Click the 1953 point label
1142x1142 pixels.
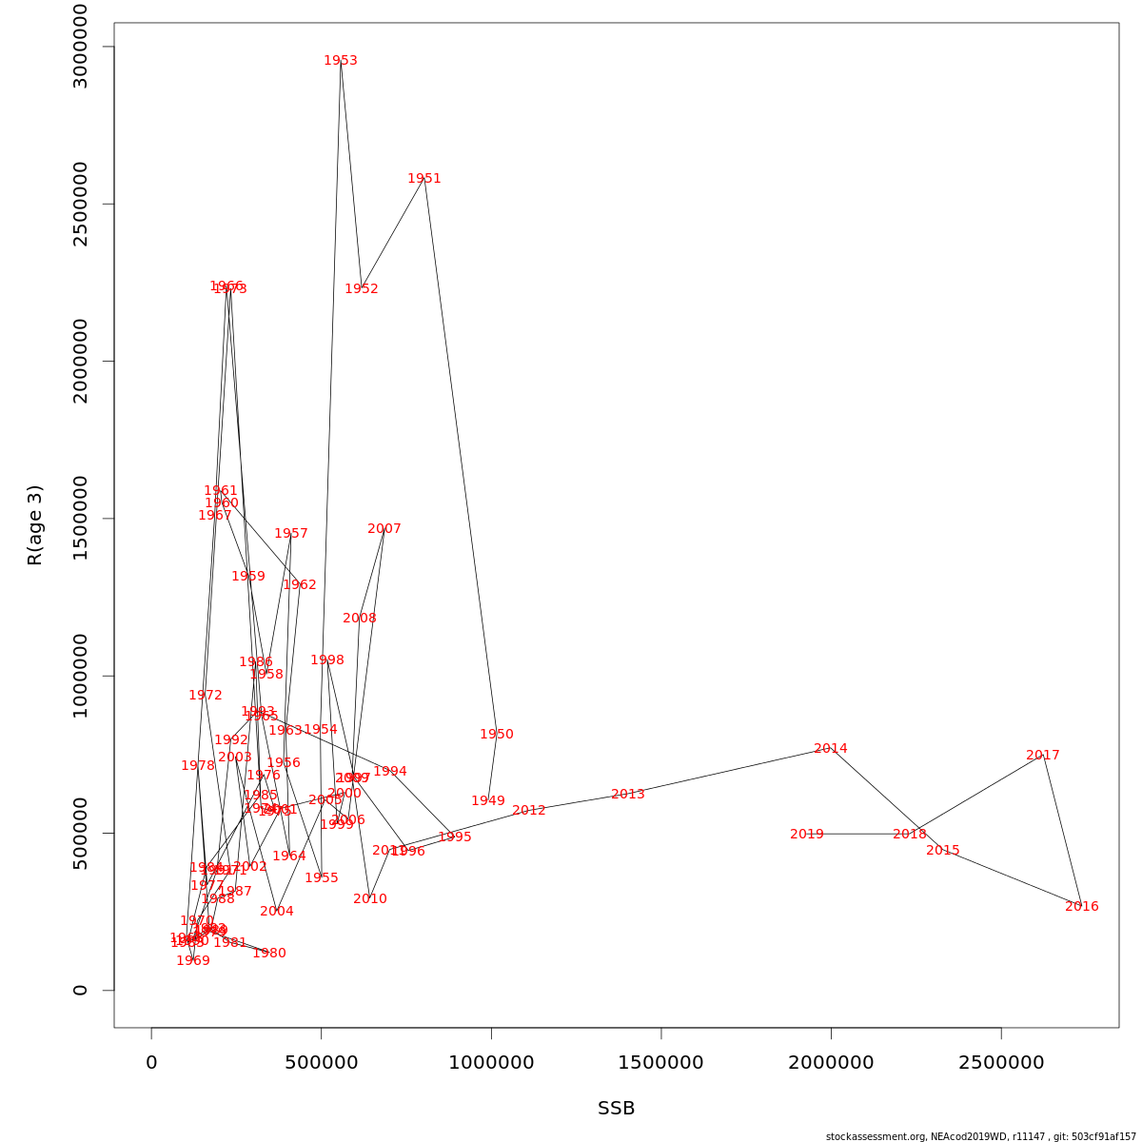tap(341, 61)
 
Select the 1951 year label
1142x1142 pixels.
tap(424, 179)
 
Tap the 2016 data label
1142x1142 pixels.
tap(1082, 907)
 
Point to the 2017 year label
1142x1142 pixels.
tap(1043, 756)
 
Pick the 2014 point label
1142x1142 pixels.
tap(831, 749)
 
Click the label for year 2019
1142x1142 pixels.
tap(807, 835)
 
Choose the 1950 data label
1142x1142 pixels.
tap(497, 735)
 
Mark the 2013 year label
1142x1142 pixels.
tap(628, 795)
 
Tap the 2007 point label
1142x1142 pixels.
tap(384, 529)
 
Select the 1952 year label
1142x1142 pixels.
tap(362, 289)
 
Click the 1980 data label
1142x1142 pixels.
tap(269, 954)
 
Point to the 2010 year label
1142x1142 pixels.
tap(370, 899)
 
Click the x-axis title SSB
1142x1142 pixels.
tap(616, 1109)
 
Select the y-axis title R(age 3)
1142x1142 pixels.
tap(35, 524)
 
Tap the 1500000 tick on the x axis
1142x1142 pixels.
tap(660, 1063)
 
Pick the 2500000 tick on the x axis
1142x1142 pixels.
tap(1001, 1063)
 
